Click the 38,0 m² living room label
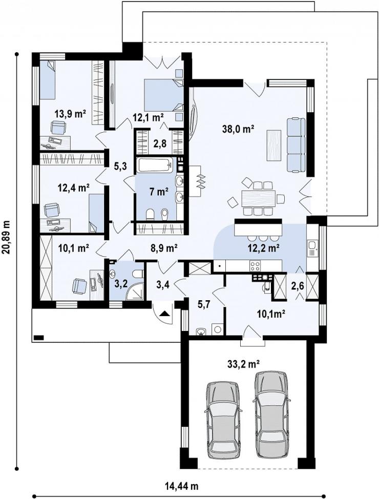pos(238,129)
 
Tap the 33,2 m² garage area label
pos(244,363)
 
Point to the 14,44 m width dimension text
pos(182,486)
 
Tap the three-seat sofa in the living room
pos(296,145)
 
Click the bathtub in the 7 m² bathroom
pos(156,164)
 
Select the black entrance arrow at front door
pos(164,314)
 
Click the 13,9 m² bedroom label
pos(71,114)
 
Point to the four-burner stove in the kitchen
pos(255,265)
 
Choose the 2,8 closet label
pos(160,144)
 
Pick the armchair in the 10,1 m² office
pos(79,286)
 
